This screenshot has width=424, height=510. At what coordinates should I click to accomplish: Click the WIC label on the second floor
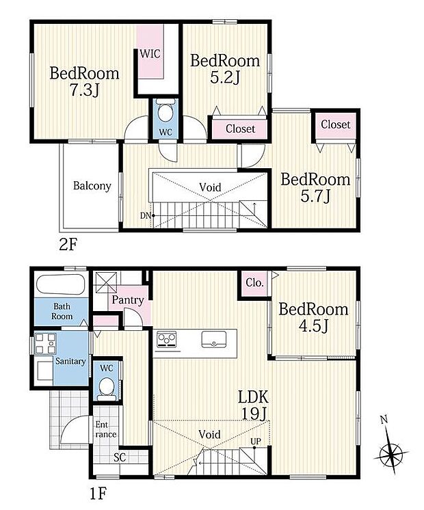(x=150, y=53)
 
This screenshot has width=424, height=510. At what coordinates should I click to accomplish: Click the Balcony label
(x=92, y=186)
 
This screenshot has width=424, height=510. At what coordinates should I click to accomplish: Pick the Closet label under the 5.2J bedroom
(x=240, y=129)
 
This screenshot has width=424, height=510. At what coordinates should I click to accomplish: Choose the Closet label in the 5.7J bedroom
(x=335, y=124)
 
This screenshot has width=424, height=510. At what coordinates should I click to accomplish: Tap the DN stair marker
(x=146, y=216)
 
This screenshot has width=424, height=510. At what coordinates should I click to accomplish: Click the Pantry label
(x=127, y=300)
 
